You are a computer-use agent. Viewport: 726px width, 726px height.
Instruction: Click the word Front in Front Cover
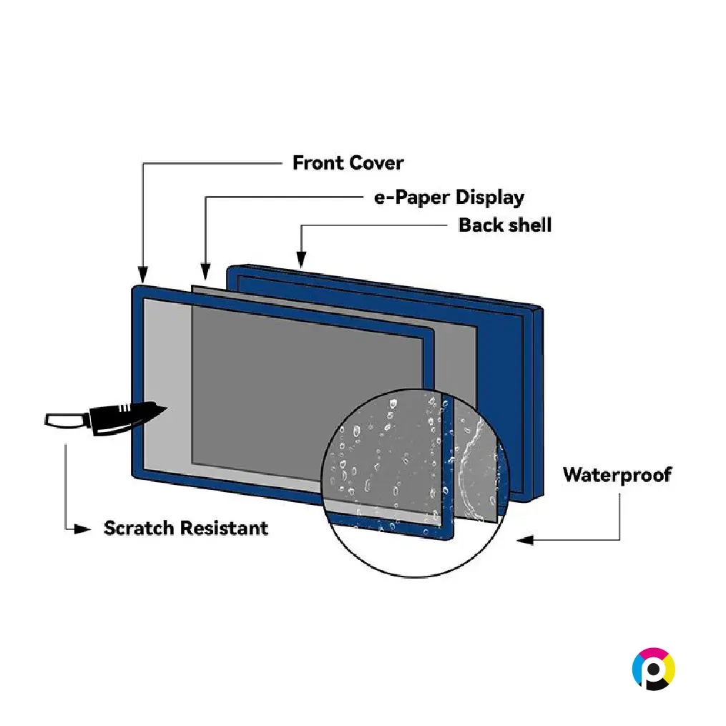318,163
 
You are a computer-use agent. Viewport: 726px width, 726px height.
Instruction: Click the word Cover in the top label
376,163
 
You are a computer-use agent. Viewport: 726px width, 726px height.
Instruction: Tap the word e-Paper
411,197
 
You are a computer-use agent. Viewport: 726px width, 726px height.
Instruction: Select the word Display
490,197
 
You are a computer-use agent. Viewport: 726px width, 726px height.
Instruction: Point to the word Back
479,225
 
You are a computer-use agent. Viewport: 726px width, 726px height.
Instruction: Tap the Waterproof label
617,475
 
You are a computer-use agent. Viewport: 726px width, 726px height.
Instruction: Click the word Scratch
139,529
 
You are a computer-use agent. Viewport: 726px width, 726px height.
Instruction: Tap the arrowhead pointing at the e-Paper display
205,270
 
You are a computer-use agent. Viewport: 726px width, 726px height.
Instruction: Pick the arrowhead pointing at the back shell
301,259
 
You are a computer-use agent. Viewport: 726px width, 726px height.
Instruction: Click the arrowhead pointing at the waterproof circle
525,540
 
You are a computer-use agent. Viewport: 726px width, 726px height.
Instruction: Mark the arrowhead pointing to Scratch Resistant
83,529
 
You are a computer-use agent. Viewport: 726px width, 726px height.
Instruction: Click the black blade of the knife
127,417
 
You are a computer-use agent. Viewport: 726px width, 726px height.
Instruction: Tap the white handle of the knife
67,421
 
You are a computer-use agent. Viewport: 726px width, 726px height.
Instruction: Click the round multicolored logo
654,669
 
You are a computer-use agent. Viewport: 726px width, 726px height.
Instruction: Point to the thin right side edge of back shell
539,402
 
